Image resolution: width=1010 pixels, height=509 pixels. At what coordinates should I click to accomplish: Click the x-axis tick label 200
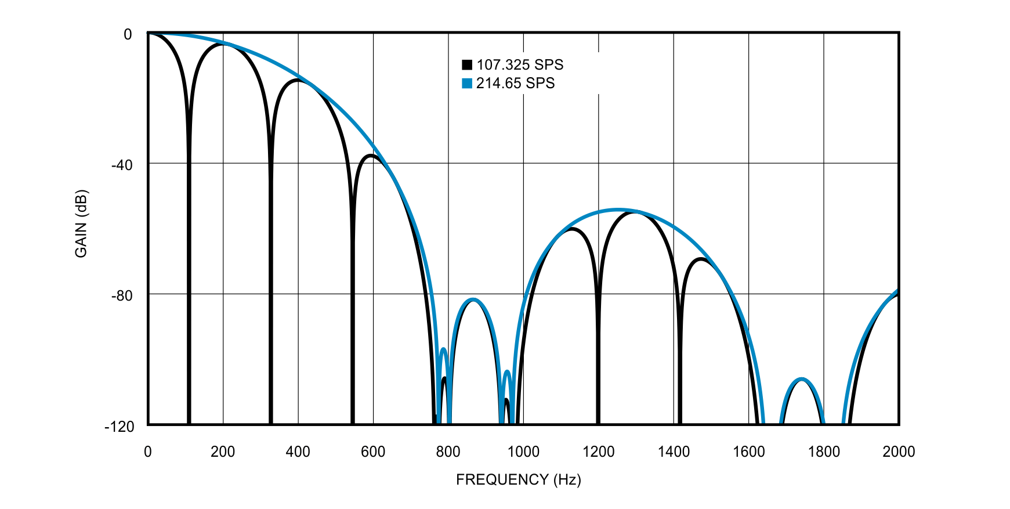click(x=223, y=452)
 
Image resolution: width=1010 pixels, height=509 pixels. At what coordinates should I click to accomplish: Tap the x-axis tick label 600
click(x=373, y=452)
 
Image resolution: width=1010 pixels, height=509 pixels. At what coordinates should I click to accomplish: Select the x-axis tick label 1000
click(x=523, y=452)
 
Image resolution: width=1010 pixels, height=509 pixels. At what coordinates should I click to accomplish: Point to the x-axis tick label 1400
click(x=674, y=452)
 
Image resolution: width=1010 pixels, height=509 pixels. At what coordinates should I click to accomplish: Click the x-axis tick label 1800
click(x=824, y=452)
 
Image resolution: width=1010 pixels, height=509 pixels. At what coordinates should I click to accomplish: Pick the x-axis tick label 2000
click(x=899, y=452)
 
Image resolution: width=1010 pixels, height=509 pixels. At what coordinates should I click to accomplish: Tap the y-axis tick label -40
click(x=122, y=165)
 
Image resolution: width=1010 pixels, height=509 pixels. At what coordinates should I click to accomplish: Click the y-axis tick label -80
click(x=122, y=295)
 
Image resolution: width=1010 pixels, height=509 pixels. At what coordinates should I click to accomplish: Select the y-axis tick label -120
click(x=120, y=427)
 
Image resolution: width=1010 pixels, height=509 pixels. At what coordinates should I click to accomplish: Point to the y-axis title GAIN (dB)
click(x=81, y=223)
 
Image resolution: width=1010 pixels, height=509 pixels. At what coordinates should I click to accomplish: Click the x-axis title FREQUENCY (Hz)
click(x=518, y=479)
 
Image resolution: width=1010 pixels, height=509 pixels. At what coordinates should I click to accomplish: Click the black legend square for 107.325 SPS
click(x=467, y=65)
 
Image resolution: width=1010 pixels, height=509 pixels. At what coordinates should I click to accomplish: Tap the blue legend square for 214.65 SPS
click(x=467, y=84)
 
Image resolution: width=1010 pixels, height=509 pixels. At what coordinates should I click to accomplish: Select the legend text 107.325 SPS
click(x=520, y=65)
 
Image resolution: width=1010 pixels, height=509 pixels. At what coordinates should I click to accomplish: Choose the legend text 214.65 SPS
click(x=515, y=84)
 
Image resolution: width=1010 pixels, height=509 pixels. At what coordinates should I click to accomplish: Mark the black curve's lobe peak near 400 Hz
click(x=298, y=81)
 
